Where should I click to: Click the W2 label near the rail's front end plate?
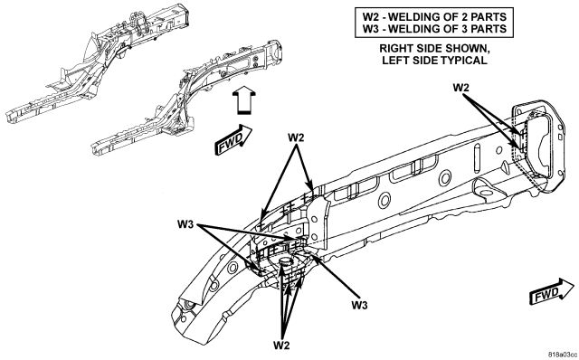click(460, 88)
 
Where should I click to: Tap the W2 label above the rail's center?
click(296, 137)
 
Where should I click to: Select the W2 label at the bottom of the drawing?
click(281, 346)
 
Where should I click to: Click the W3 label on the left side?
click(185, 224)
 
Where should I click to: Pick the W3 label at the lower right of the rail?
click(359, 306)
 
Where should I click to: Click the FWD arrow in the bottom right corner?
click(553, 292)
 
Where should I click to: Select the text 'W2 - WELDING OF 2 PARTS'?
click(434, 16)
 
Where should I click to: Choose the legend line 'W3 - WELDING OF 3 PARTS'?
click(434, 29)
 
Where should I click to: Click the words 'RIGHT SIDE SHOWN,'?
click(434, 48)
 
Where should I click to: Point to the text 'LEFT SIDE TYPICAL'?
click(434, 61)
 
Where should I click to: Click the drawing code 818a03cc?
click(563, 354)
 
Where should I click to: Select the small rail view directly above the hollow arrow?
click(188, 97)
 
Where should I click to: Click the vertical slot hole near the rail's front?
click(477, 158)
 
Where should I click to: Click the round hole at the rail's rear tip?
click(190, 305)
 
